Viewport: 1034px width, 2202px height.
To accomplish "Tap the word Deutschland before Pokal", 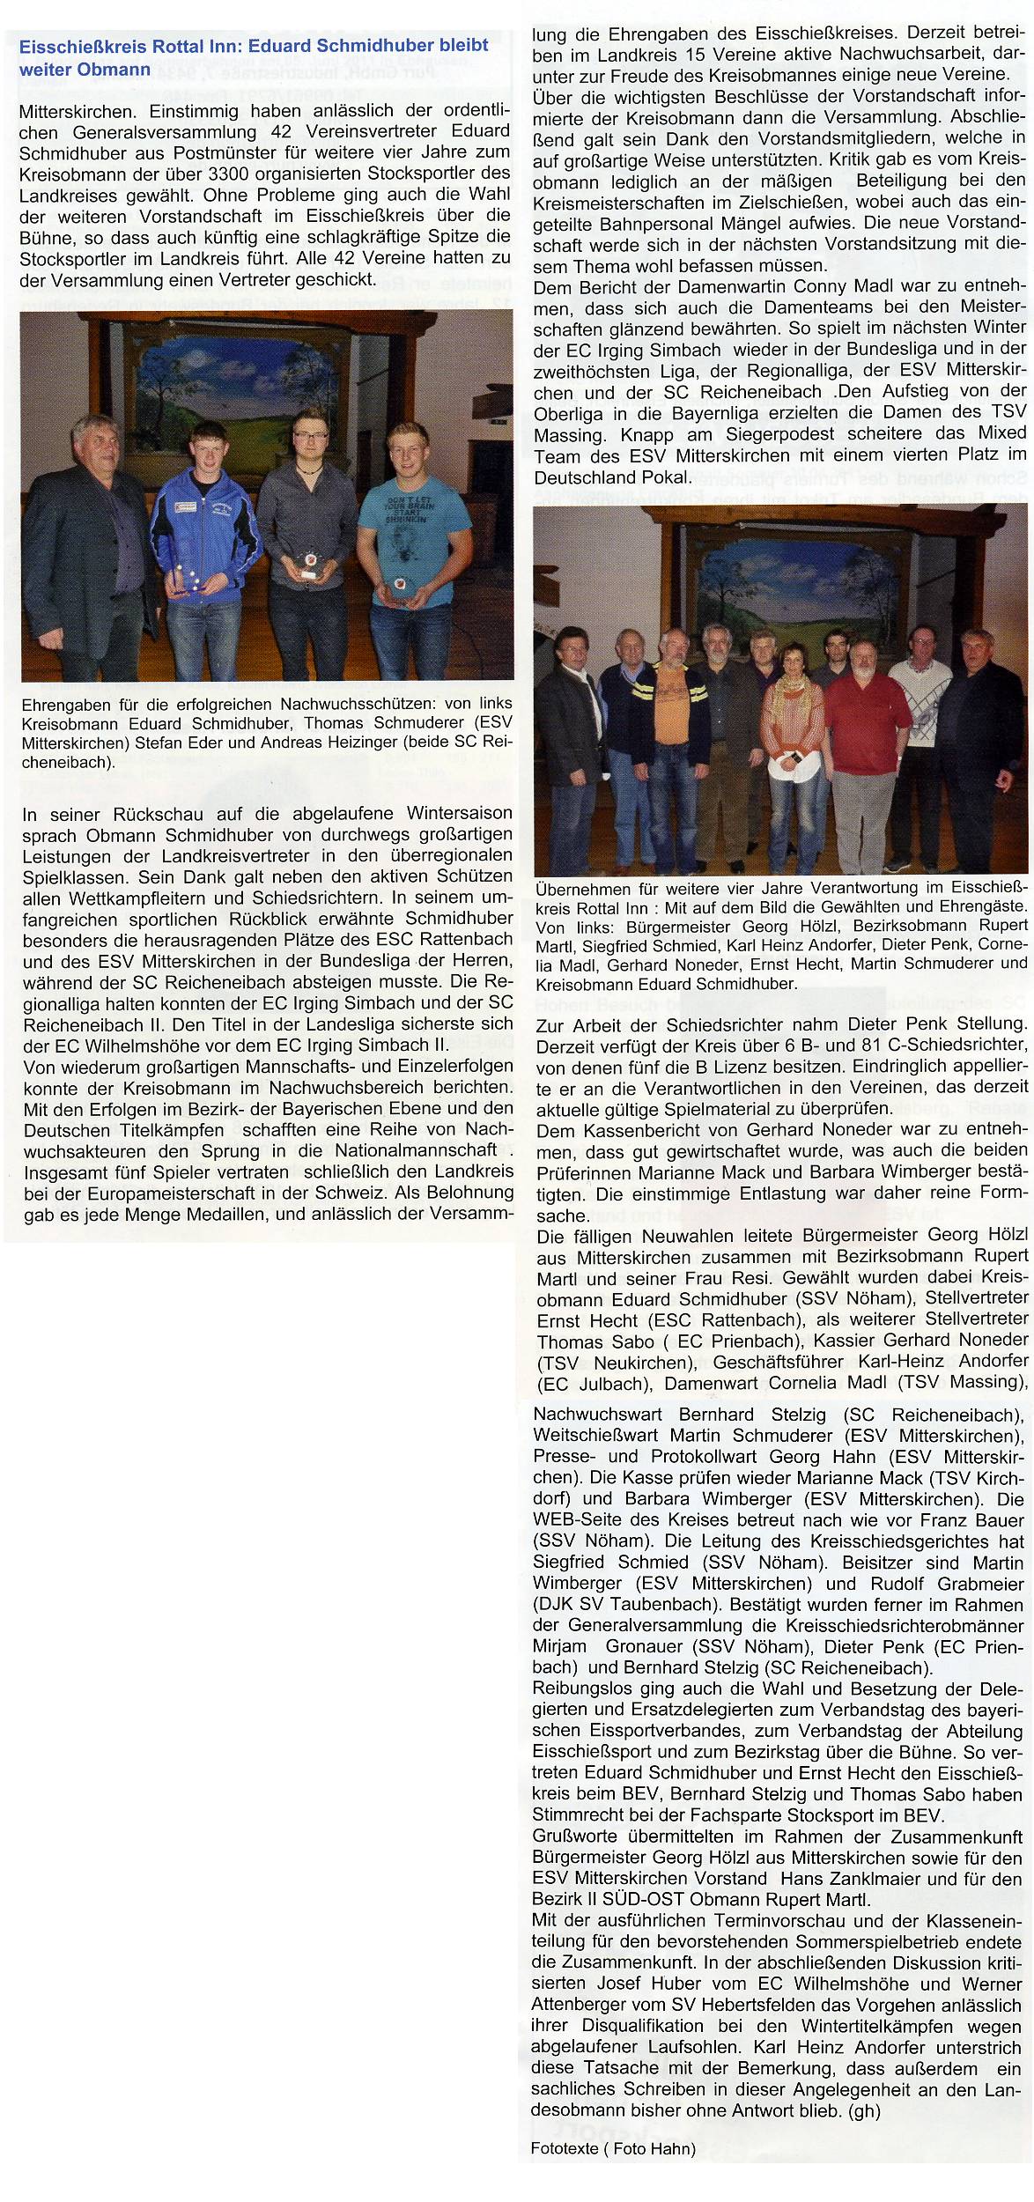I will click(587, 475).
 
